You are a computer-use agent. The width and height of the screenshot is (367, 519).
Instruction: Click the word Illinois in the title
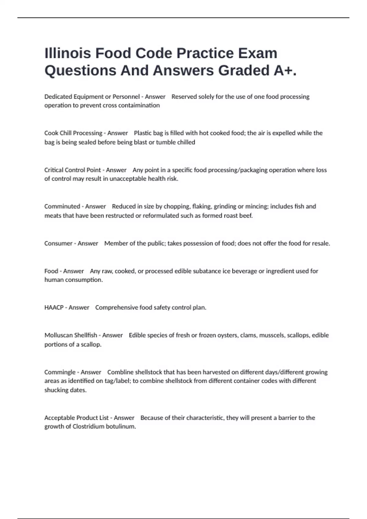[x=68, y=53]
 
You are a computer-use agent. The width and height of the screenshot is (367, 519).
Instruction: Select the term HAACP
[x=54, y=307]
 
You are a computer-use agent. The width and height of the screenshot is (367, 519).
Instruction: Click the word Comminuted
[x=62, y=206]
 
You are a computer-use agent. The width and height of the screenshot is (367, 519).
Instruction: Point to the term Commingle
[x=60, y=372]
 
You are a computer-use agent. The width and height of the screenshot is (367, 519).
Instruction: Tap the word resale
[x=321, y=243]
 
